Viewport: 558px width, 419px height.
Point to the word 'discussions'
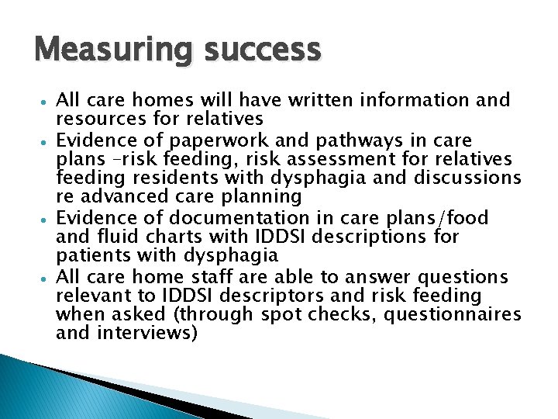pos(467,178)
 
